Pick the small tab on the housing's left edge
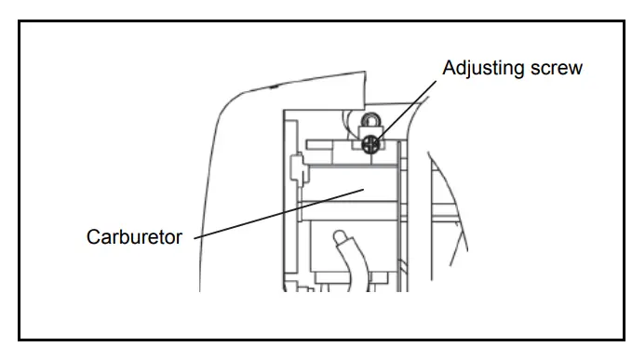pyautogui.click(x=295, y=168)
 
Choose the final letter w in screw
pyautogui.click(x=577, y=69)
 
